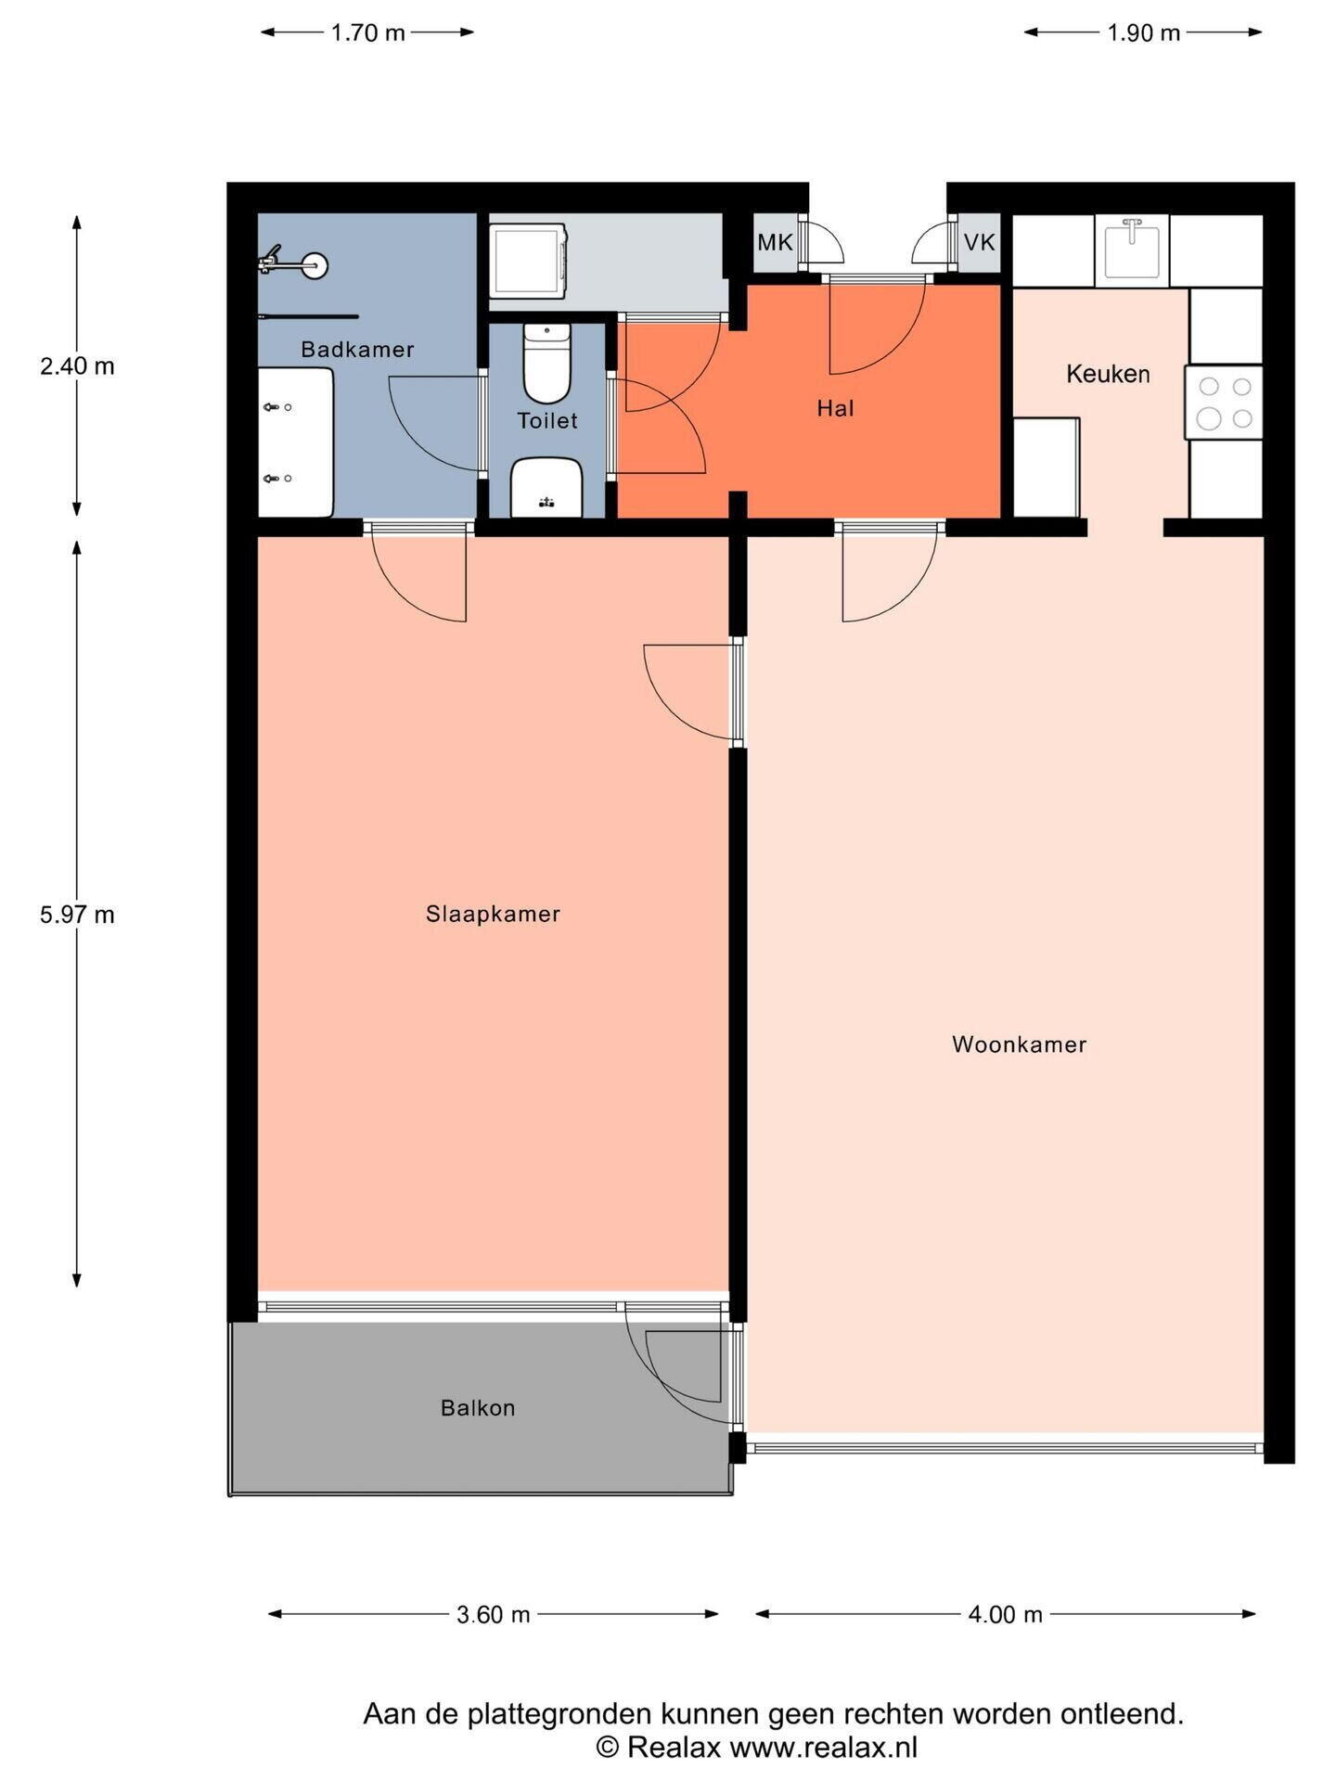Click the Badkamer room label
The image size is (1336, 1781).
coord(357,350)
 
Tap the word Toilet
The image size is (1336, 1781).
coord(547,421)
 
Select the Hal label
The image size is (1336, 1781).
coord(835,408)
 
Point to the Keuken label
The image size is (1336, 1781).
coord(1108,374)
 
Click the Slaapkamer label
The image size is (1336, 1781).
coord(493,914)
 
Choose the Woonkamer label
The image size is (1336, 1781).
coord(1019,1044)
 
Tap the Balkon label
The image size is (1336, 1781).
coord(478,1408)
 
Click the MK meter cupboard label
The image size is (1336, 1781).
coord(775,243)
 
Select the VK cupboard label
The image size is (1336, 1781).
coord(979,243)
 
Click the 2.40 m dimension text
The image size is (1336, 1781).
coord(77,366)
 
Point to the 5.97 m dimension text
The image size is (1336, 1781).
coord(77,916)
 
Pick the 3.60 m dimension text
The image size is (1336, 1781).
coord(493,1615)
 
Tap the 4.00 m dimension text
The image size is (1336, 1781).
coord(1006,1615)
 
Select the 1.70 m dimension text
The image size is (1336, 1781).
coord(368,33)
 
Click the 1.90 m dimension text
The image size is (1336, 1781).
coord(1143,33)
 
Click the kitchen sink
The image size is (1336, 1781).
coord(1132,249)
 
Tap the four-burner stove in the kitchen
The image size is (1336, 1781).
coord(1224,402)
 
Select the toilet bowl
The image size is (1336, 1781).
coord(547,364)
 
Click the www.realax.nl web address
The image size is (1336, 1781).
coord(823,1749)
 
